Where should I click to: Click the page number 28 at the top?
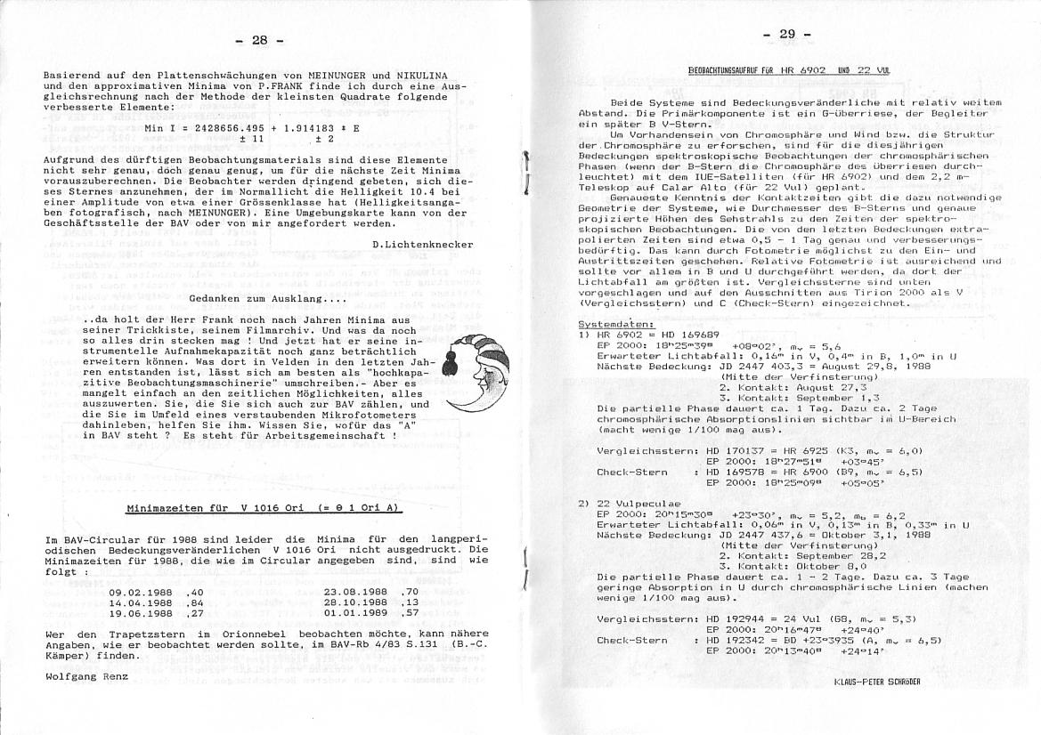point(259,40)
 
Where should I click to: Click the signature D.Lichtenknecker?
point(423,244)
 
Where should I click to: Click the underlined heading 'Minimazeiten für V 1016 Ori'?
point(263,508)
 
